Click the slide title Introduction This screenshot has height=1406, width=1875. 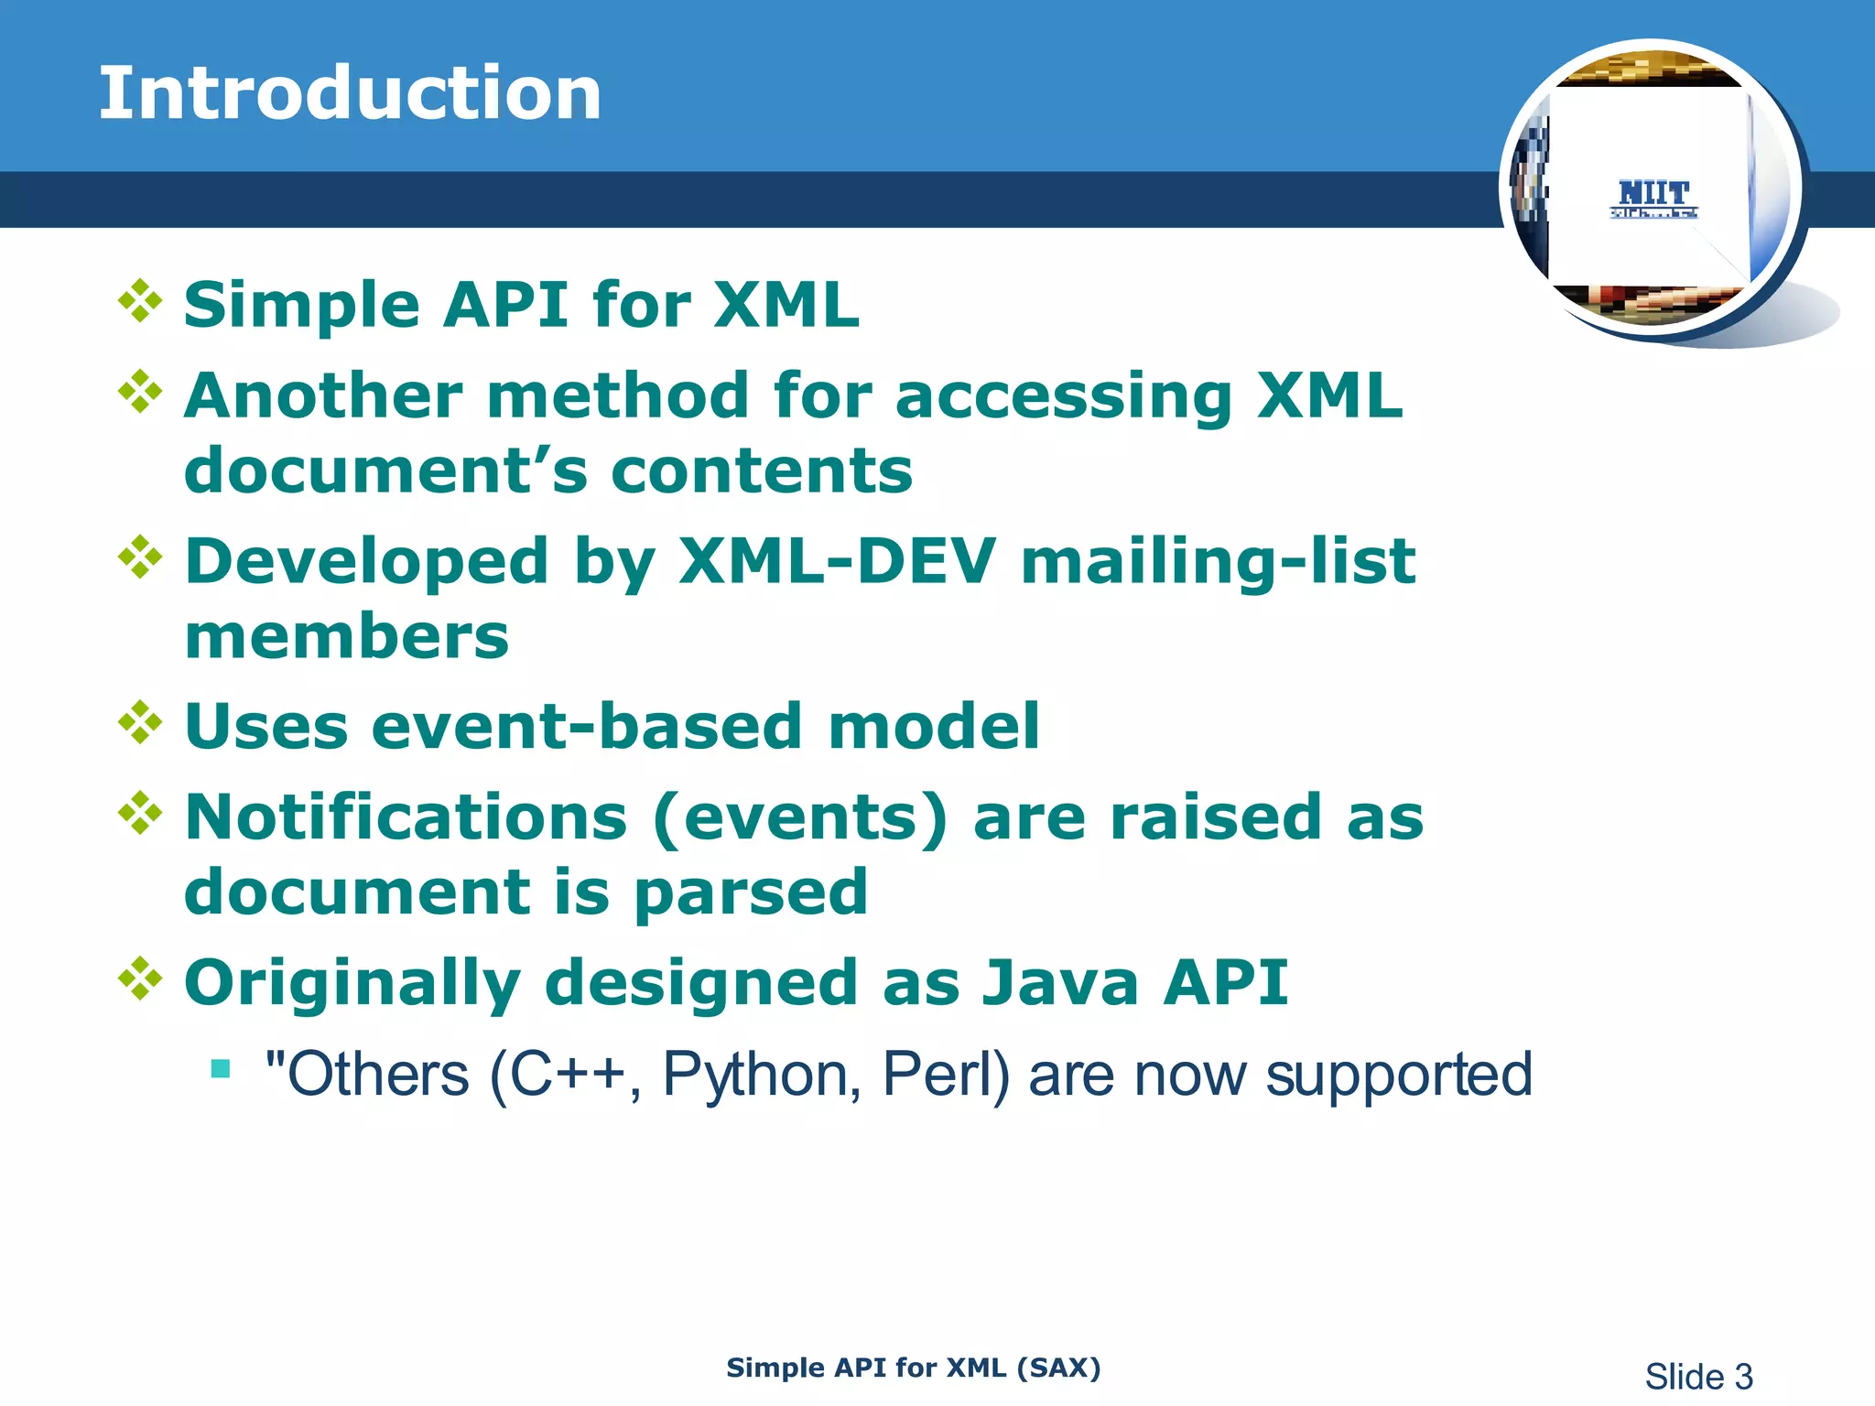[350, 93]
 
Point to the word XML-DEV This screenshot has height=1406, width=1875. [836, 561]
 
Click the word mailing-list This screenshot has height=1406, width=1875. [1218, 561]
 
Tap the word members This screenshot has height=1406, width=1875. [346, 637]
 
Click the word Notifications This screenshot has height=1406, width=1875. [406, 817]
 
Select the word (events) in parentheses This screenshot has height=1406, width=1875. [801, 817]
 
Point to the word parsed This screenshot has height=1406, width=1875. [751, 892]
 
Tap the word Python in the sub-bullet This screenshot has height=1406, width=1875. [761, 1075]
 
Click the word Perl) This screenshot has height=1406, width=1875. [946, 1075]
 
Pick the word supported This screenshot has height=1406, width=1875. [1398, 1075]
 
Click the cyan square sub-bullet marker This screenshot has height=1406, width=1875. [220, 1068]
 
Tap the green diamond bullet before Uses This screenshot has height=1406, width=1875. [140, 723]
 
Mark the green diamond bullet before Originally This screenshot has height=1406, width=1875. [140, 979]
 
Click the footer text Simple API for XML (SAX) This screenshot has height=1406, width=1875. [913, 1368]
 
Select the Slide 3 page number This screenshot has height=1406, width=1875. [1698, 1377]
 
